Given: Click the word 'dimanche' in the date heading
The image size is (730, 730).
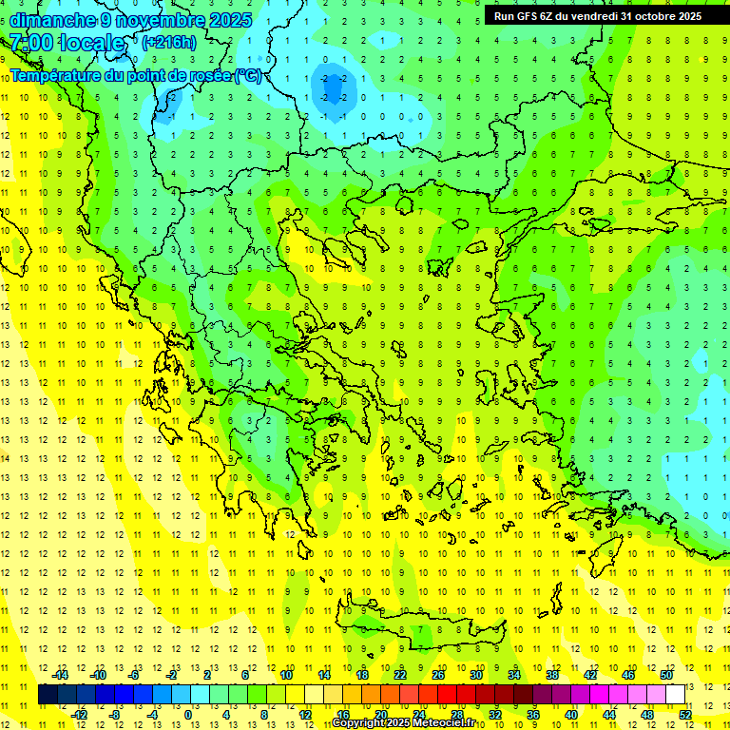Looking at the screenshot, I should [49, 20].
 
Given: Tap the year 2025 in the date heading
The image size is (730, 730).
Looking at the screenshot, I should [230, 20].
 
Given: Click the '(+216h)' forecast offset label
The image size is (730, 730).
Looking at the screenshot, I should [169, 42].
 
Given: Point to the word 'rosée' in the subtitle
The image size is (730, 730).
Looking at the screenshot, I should [208, 75].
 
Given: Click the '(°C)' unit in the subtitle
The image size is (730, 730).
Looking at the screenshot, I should [247, 75].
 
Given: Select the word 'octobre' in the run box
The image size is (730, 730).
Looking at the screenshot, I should [652, 16].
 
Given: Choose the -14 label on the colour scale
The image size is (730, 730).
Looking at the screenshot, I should [61, 675].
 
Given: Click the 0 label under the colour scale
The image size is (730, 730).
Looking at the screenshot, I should [187, 714].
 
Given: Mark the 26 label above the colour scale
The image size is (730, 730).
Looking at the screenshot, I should [438, 675].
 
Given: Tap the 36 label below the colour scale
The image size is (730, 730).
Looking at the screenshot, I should [533, 714].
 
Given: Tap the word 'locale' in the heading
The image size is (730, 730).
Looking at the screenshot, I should [92, 43].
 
